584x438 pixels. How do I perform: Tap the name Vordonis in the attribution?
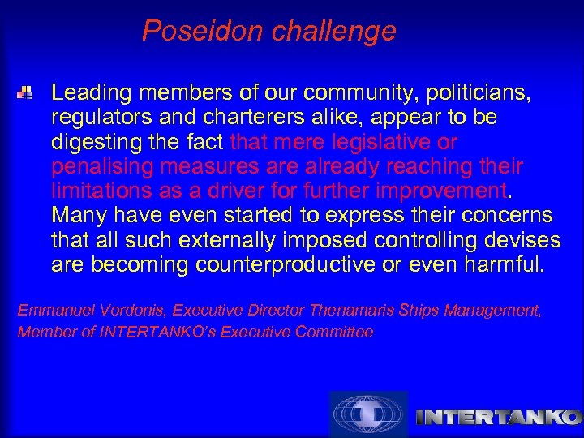tap(113, 311)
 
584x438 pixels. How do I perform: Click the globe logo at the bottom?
tap(367, 414)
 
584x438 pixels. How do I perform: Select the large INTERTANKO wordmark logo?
tap(498, 418)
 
